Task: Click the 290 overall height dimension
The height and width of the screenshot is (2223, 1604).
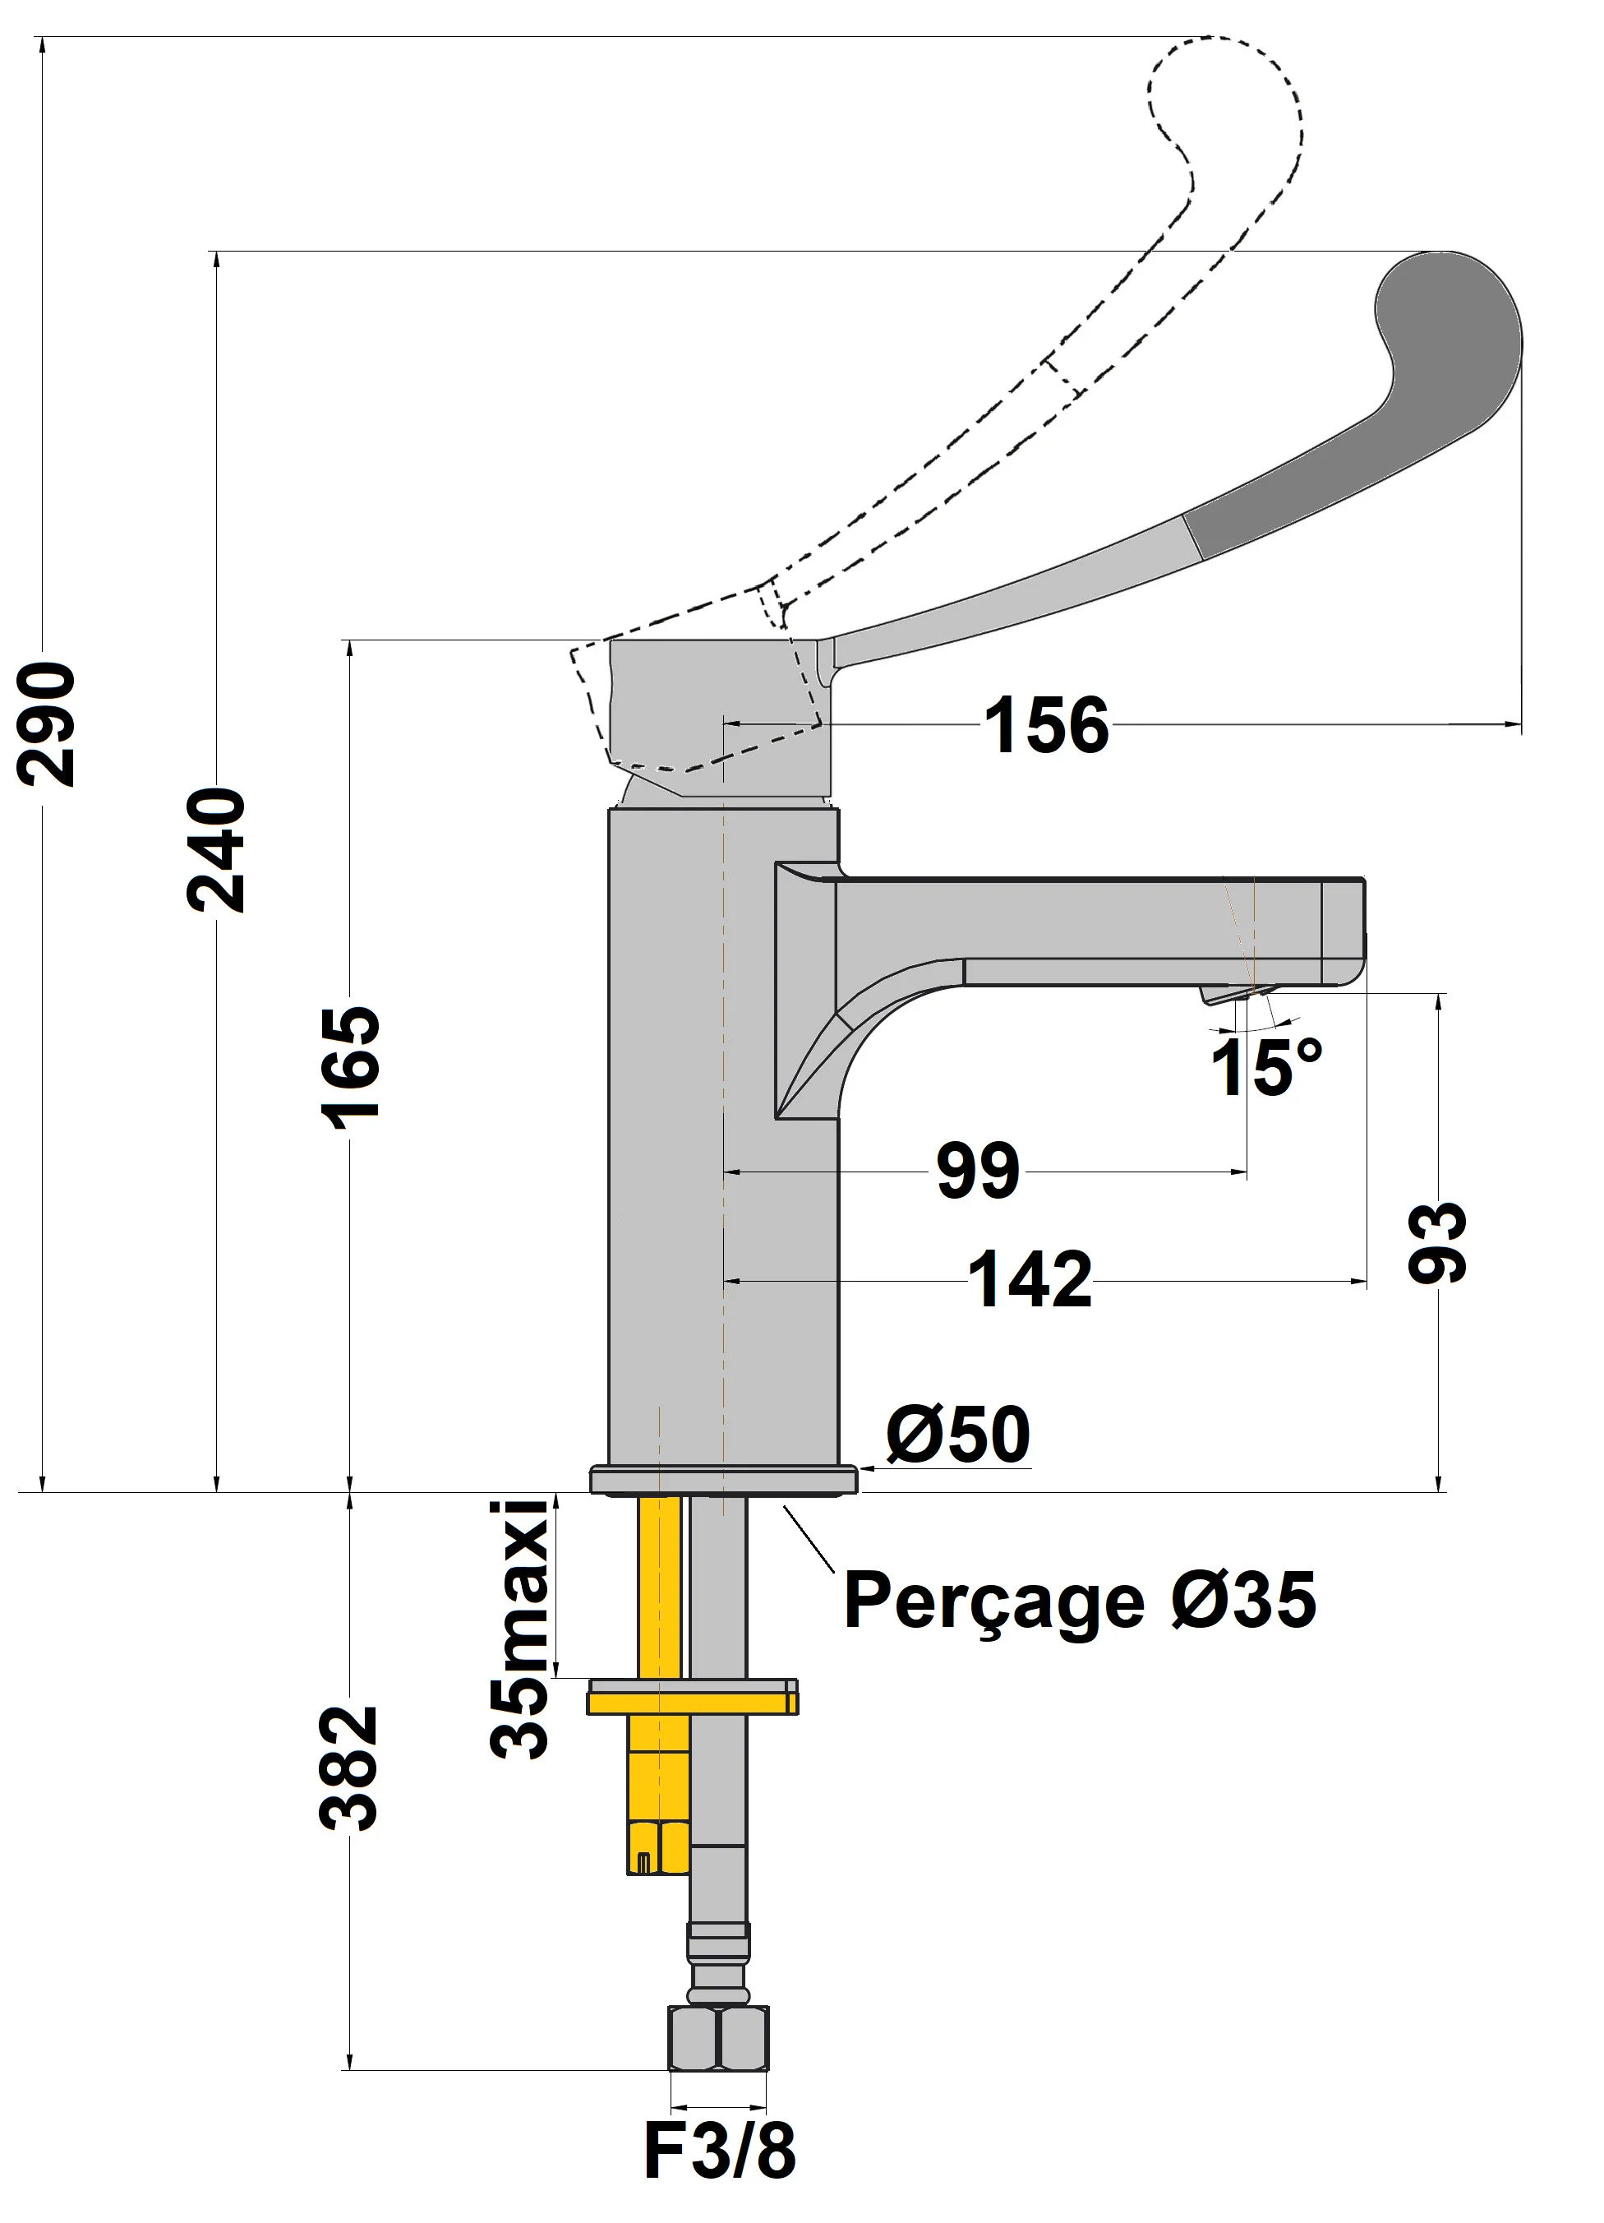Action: [x=47, y=724]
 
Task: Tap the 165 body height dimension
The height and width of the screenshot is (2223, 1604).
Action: [x=350, y=1067]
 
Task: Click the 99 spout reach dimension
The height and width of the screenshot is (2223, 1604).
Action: [x=977, y=1171]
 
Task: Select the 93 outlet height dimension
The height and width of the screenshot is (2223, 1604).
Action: [x=1437, y=1242]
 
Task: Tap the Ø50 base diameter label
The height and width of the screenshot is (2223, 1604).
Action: [x=957, y=1435]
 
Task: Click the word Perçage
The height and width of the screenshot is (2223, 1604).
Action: [x=993, y=1601]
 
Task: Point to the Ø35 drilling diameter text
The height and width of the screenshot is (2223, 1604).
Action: [x=1243, y=1600]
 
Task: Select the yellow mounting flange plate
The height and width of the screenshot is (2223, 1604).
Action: [x=692, y=1698]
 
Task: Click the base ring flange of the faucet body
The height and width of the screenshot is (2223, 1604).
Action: [x=723, y=1480]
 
